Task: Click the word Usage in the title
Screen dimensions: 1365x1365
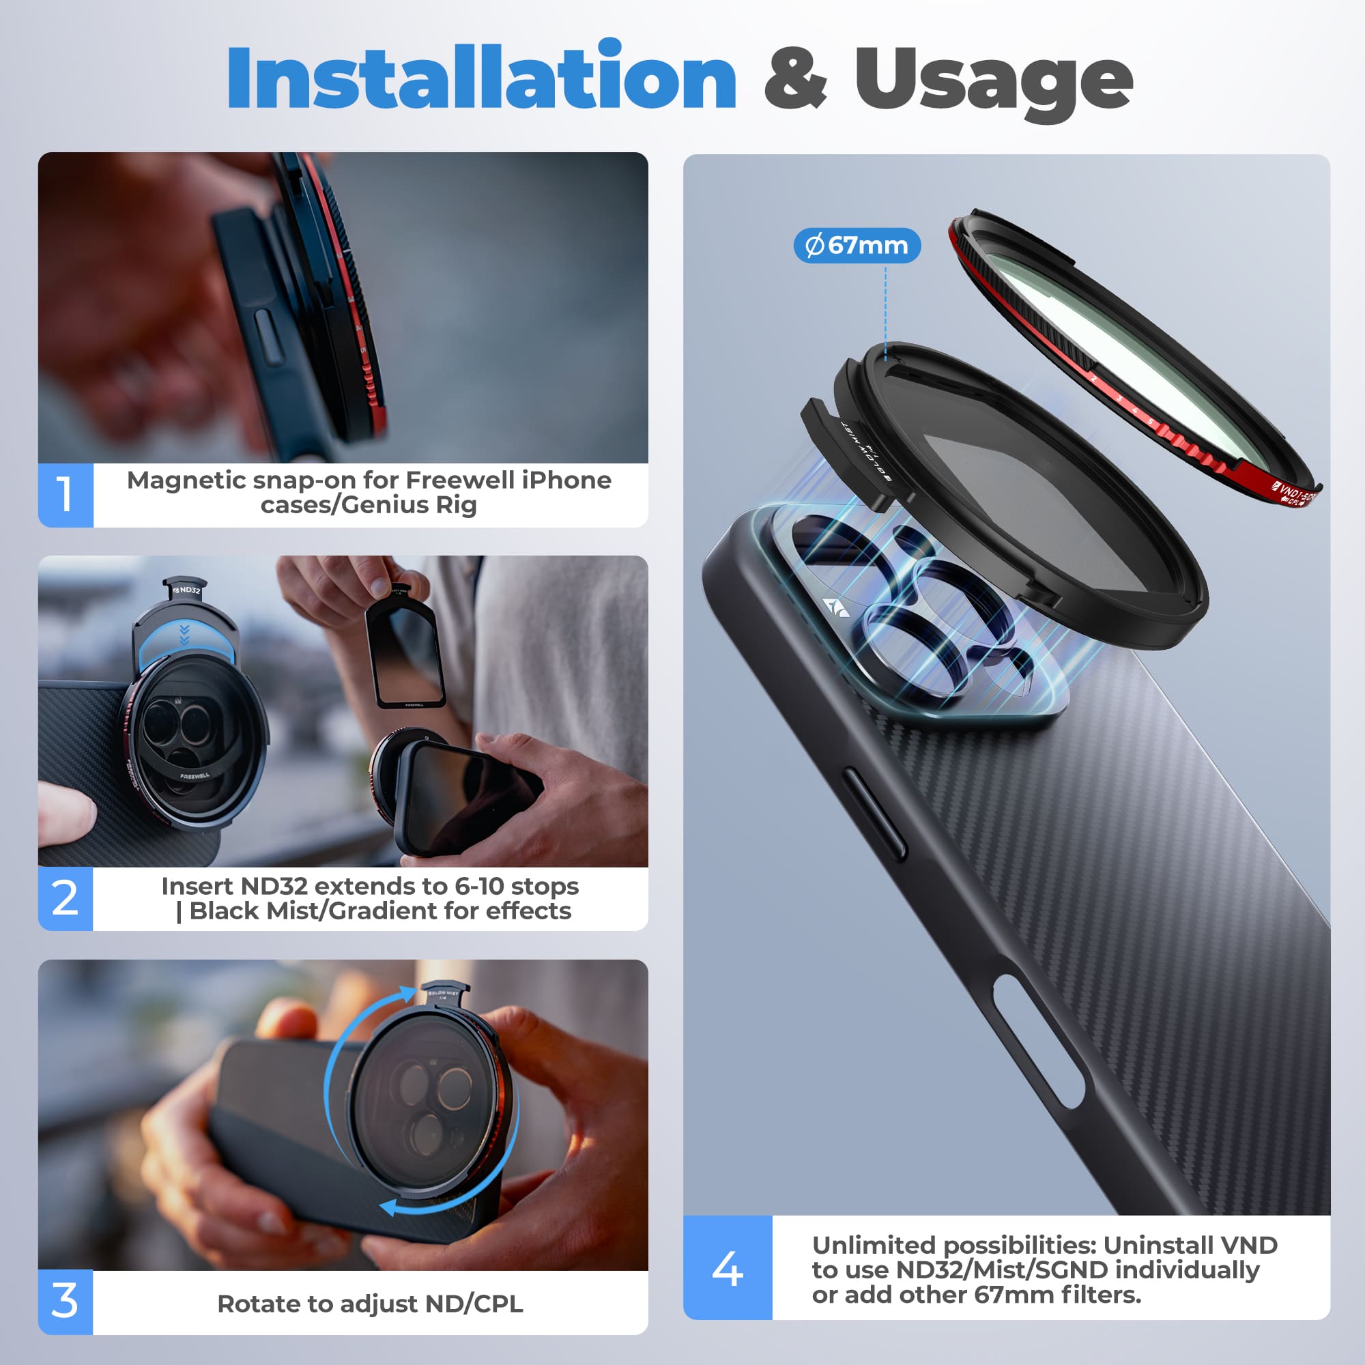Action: tap(992, 81)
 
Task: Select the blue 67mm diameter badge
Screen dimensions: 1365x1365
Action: tap(857, 245)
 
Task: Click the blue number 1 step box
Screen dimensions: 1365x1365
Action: tap(65, 495)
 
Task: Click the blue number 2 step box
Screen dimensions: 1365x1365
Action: tap(65, 898)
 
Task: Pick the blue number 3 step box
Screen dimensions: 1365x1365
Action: tap(65, 1302)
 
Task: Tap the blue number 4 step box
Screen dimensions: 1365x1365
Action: tap(727, 1269)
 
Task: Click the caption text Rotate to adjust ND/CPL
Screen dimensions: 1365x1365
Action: tap(369, 1304)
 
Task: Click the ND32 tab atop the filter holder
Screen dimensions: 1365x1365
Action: tap(186, 590)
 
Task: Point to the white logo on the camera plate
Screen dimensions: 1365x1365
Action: tap(836, 606)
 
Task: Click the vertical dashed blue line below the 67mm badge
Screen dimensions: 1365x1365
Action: tap(885, 311)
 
